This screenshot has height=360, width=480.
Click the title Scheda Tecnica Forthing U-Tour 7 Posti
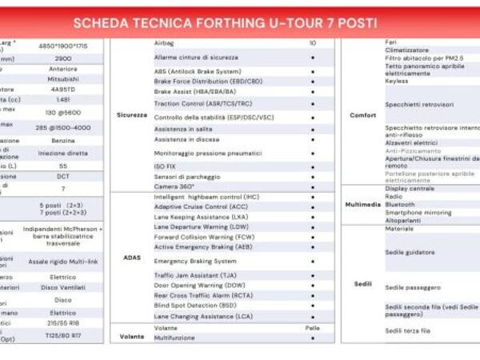(x=224, y=22)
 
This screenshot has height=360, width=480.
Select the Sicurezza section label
(x=131, y=114)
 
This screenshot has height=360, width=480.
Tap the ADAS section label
(x=132, y=257)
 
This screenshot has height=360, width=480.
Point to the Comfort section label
(x=362, y=115)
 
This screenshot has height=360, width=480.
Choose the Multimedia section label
(x=362, y=204)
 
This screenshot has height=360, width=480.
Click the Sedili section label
(x=362, y=284)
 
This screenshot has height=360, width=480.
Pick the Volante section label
(x=132, y=337)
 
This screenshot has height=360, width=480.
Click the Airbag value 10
(x=312, y=42)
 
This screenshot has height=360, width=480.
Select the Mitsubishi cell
(x=63, y=79)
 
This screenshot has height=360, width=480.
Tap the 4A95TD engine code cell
(x=63, y=90)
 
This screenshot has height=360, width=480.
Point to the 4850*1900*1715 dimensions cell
(x=63, y=46)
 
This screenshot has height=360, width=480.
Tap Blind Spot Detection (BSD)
(x=195, y=305)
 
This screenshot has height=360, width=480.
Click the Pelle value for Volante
(x=312, y=328)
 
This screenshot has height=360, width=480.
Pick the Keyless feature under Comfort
(x=396, y=81)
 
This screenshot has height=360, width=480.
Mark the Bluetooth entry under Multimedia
(x=400, y=204)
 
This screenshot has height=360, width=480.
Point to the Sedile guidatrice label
(x=410, y=252)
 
